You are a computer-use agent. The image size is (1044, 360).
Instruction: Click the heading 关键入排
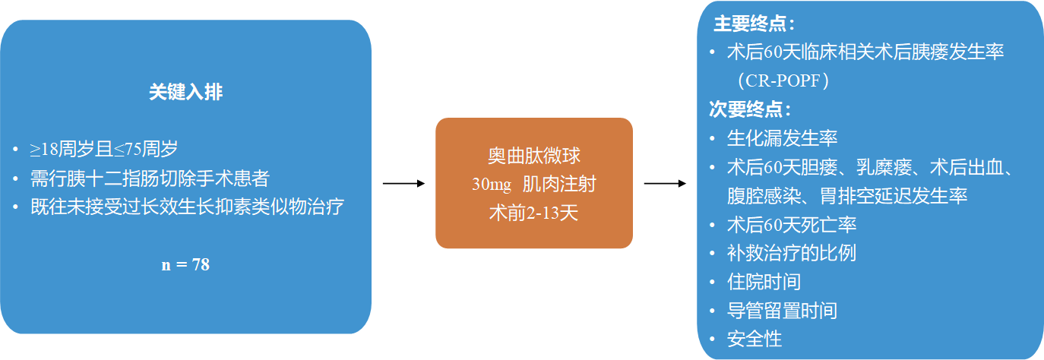click(x=185, y=93)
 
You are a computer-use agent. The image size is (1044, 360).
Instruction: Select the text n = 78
click(x=185, y=265)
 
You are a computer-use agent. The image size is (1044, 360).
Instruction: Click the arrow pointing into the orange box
click(x=403, y=184)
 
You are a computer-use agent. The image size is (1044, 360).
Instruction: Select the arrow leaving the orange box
click(x=665, y=184)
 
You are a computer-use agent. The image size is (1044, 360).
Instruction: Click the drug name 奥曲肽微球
click(x=533, y=156)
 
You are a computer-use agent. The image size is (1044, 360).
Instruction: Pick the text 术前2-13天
click(x=533, y=213)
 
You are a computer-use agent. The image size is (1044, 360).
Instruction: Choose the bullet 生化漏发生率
click(x=782, y=138)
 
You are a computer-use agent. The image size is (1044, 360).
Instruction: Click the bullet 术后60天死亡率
click(x=792, y=225)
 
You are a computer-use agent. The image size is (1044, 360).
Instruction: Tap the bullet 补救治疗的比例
click(x=791, y=253)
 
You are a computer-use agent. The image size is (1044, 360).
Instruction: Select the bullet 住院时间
click(x=764, y=282)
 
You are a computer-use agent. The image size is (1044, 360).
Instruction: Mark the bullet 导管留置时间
click(x=782, y=311)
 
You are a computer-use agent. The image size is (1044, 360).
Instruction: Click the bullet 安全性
click(x=755, y=339)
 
